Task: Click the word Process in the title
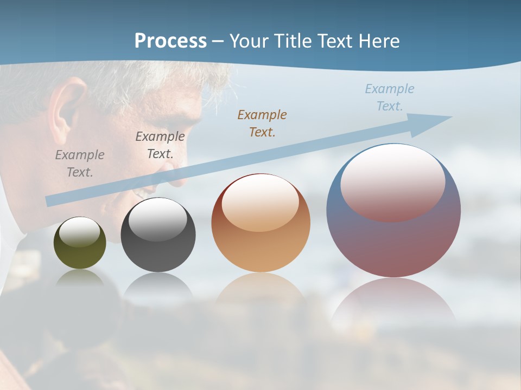pyautogui.click(x=170, y=41)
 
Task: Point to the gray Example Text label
pyautogui.click(x=80, y=164)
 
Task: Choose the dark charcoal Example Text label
pyautogui.click(x=160, y=145)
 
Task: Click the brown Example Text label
pyautogui.click(x=262, y=123)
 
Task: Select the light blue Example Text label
pyautogui.click(x=390, y=97)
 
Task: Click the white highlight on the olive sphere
pyautogui.click(x=80, y=232)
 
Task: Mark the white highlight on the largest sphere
pyautogui.click(x=392, y=181)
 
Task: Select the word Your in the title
pyautogui.click(x=246, y=41)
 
